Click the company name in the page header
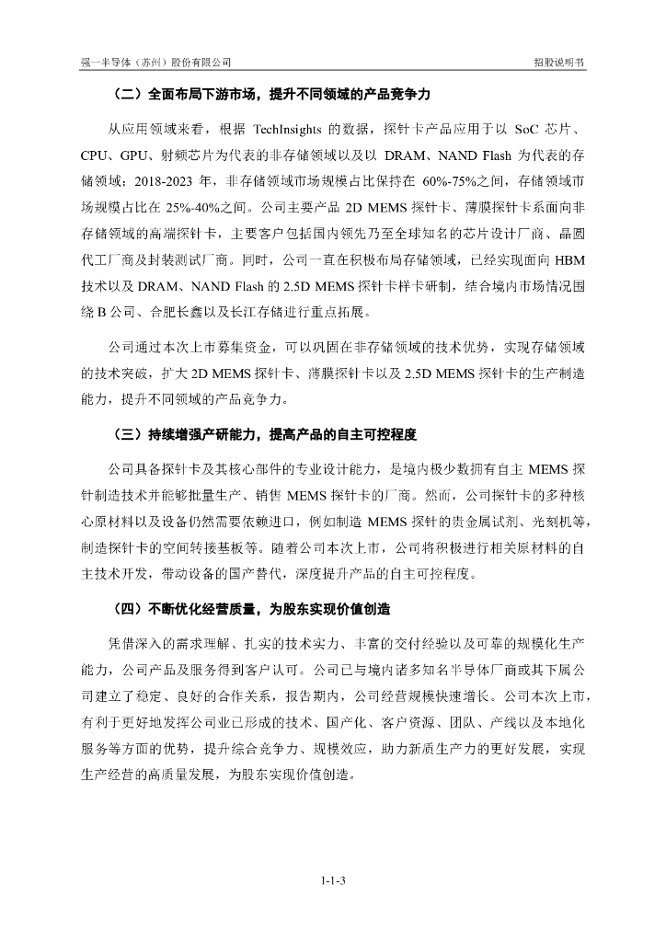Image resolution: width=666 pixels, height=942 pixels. click(x=155, y=62)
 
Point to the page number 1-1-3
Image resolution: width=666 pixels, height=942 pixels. click(x=333, y=880)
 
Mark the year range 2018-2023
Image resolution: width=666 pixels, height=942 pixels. click(x=176, y=180)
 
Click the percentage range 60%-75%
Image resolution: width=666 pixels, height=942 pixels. click(x=452, y=180)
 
